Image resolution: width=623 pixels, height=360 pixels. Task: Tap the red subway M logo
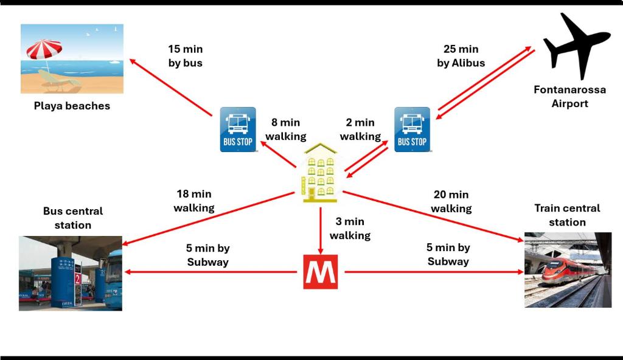320,271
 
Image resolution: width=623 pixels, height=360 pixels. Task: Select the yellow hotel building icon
319,173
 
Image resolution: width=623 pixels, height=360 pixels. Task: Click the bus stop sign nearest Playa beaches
237,129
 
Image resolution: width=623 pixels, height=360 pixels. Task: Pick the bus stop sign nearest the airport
412,129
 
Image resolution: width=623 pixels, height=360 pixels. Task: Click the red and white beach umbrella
44,50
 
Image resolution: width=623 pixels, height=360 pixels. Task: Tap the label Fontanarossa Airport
569,97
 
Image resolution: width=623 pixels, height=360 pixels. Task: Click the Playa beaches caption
72,106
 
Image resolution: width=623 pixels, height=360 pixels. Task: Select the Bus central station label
73,218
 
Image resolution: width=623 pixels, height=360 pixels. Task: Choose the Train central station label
567,215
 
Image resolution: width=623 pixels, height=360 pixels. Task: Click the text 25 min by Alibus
461,56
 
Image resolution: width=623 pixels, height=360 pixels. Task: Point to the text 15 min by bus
185,56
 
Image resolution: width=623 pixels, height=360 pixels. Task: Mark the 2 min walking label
360,130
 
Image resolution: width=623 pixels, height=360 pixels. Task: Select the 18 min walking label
193,201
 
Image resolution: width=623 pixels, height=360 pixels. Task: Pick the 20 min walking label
451,201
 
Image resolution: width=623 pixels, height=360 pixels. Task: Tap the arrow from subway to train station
432,272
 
